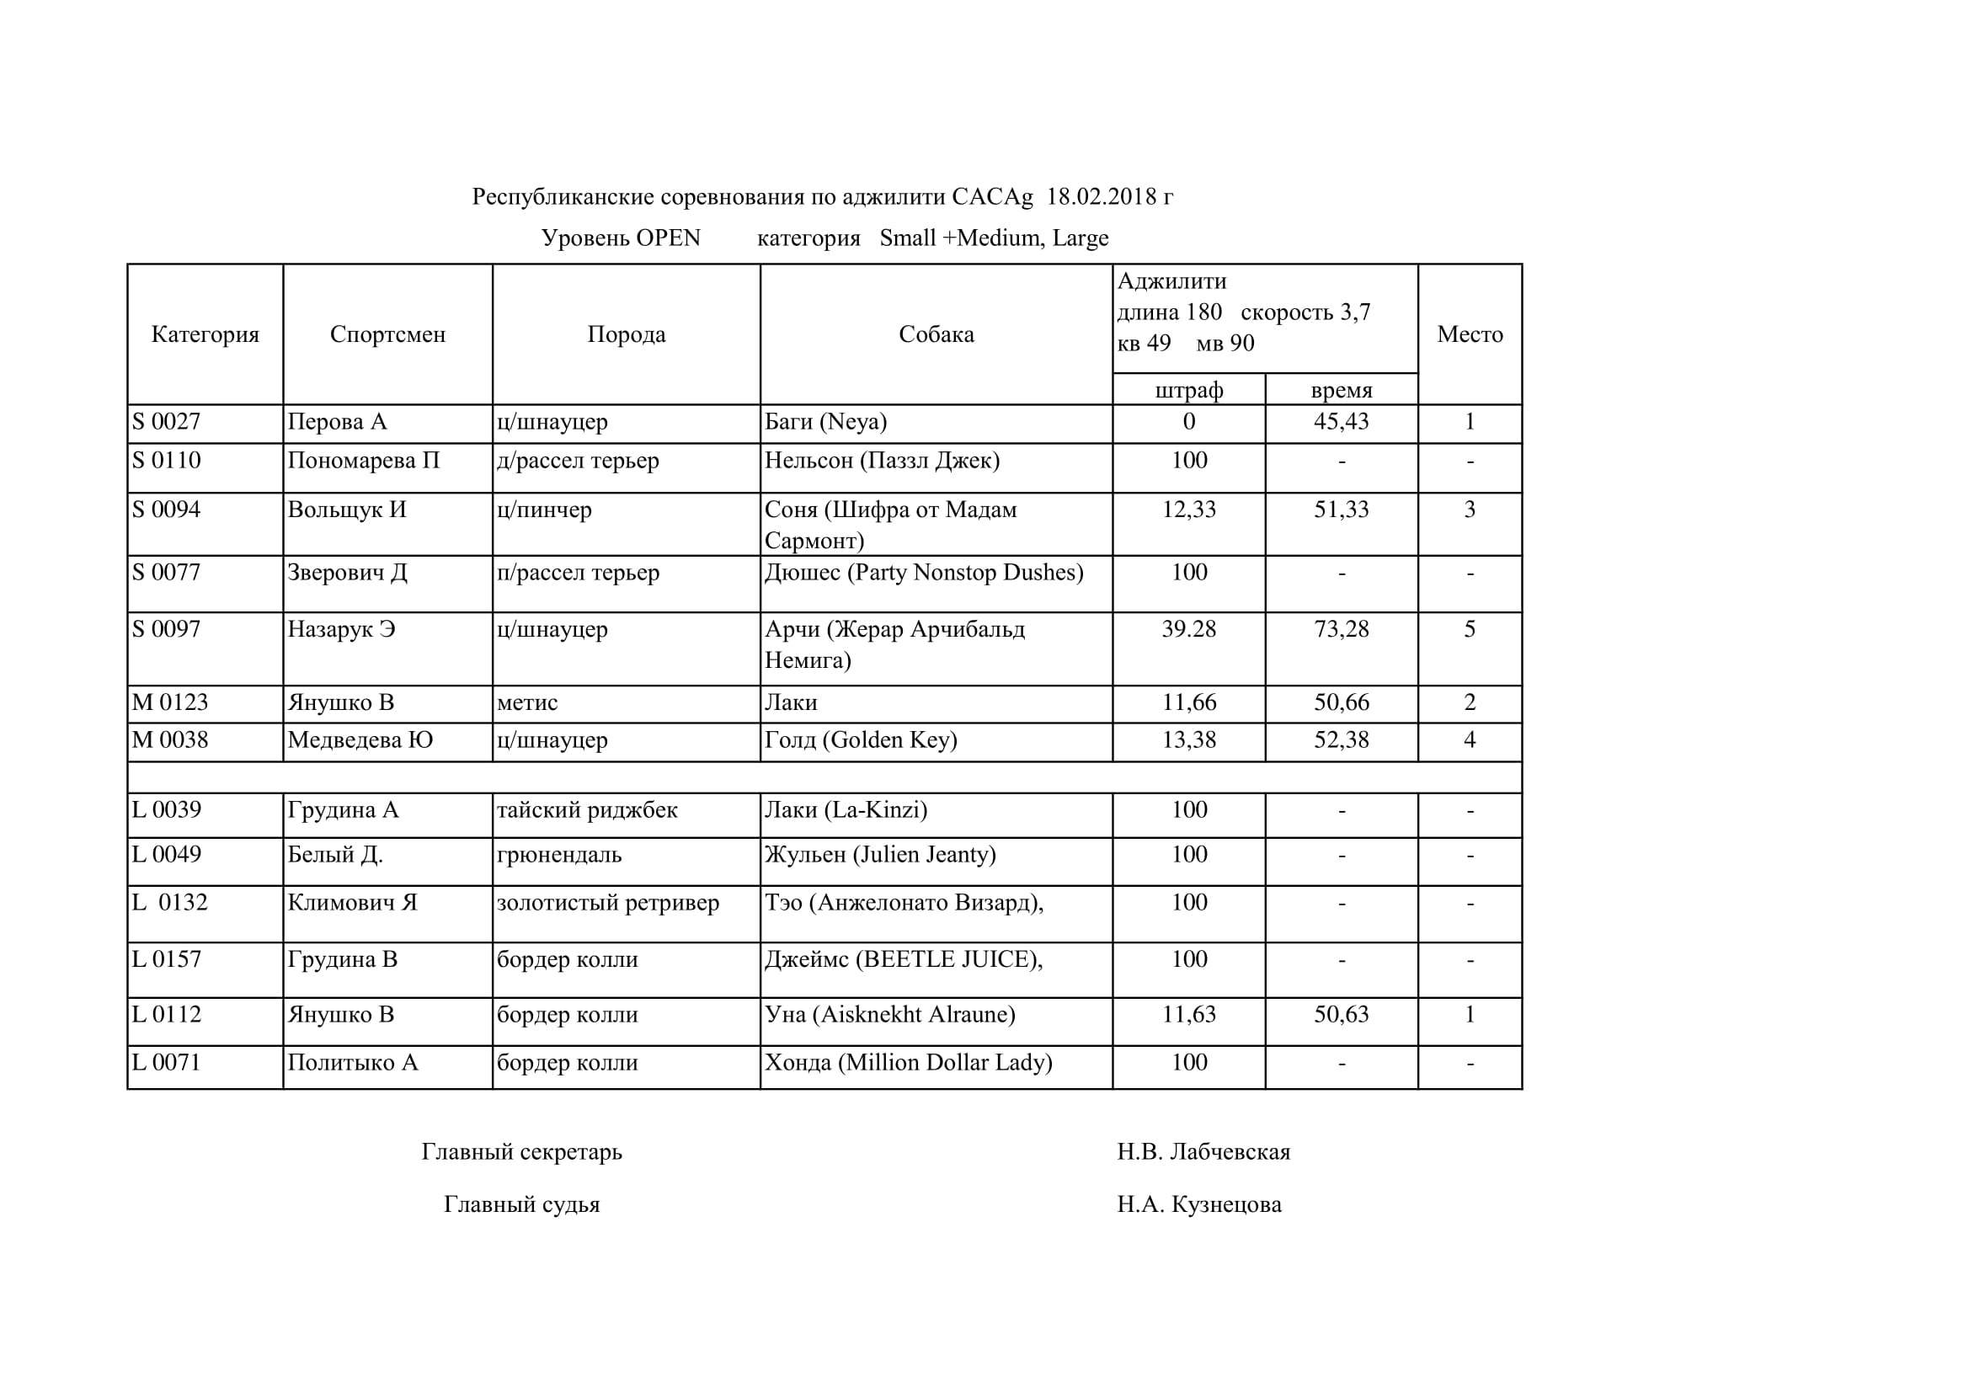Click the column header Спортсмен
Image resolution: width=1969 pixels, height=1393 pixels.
pyautogui.click(x=387, y=334)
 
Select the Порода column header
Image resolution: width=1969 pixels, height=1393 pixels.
pyautogui.click(x=626, y=334)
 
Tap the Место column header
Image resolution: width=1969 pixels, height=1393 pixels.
pyautogui.click(x=1470, y=334)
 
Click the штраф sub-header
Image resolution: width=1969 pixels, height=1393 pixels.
pyautogui.click(x=1188, y=391)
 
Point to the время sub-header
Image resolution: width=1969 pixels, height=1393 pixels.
pyautogui.click(x=1342, y=391)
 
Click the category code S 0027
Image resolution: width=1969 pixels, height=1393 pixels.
pyautogui.click(x=167, y=422)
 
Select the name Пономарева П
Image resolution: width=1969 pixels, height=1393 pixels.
pyautogui.click(x=364, y=461)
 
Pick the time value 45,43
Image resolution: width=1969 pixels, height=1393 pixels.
pyautogui.click(x=1342, y=422)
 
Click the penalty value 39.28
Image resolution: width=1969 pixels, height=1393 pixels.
pyautogui.click(x=1188, y=630)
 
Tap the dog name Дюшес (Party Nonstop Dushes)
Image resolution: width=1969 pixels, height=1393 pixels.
pyautogui.click(x=924, y=573)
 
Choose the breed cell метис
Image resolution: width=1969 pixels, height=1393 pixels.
pyautogui.click(x=527, y=703)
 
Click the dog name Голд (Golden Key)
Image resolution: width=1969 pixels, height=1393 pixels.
pyautogui.click(x=860, y=740)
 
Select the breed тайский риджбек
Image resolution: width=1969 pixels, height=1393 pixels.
pyautogui.click(x=588, y=810)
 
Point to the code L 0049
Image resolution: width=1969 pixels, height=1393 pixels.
pyautogui.click(x=167, y=855)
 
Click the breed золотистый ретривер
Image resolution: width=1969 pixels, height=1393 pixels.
pyautogui.click(x=608, y=903)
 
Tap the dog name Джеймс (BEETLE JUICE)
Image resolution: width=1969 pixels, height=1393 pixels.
pyautogui.click(x=903, y=960)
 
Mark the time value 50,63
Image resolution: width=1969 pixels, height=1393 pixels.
pyautogui.click(x=1342, y=1015)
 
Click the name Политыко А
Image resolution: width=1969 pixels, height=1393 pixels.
pyautogui.click(x=353, y=1063)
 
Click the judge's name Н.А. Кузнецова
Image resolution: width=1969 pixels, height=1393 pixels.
pyautogui.click(x=1199, y=1205)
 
